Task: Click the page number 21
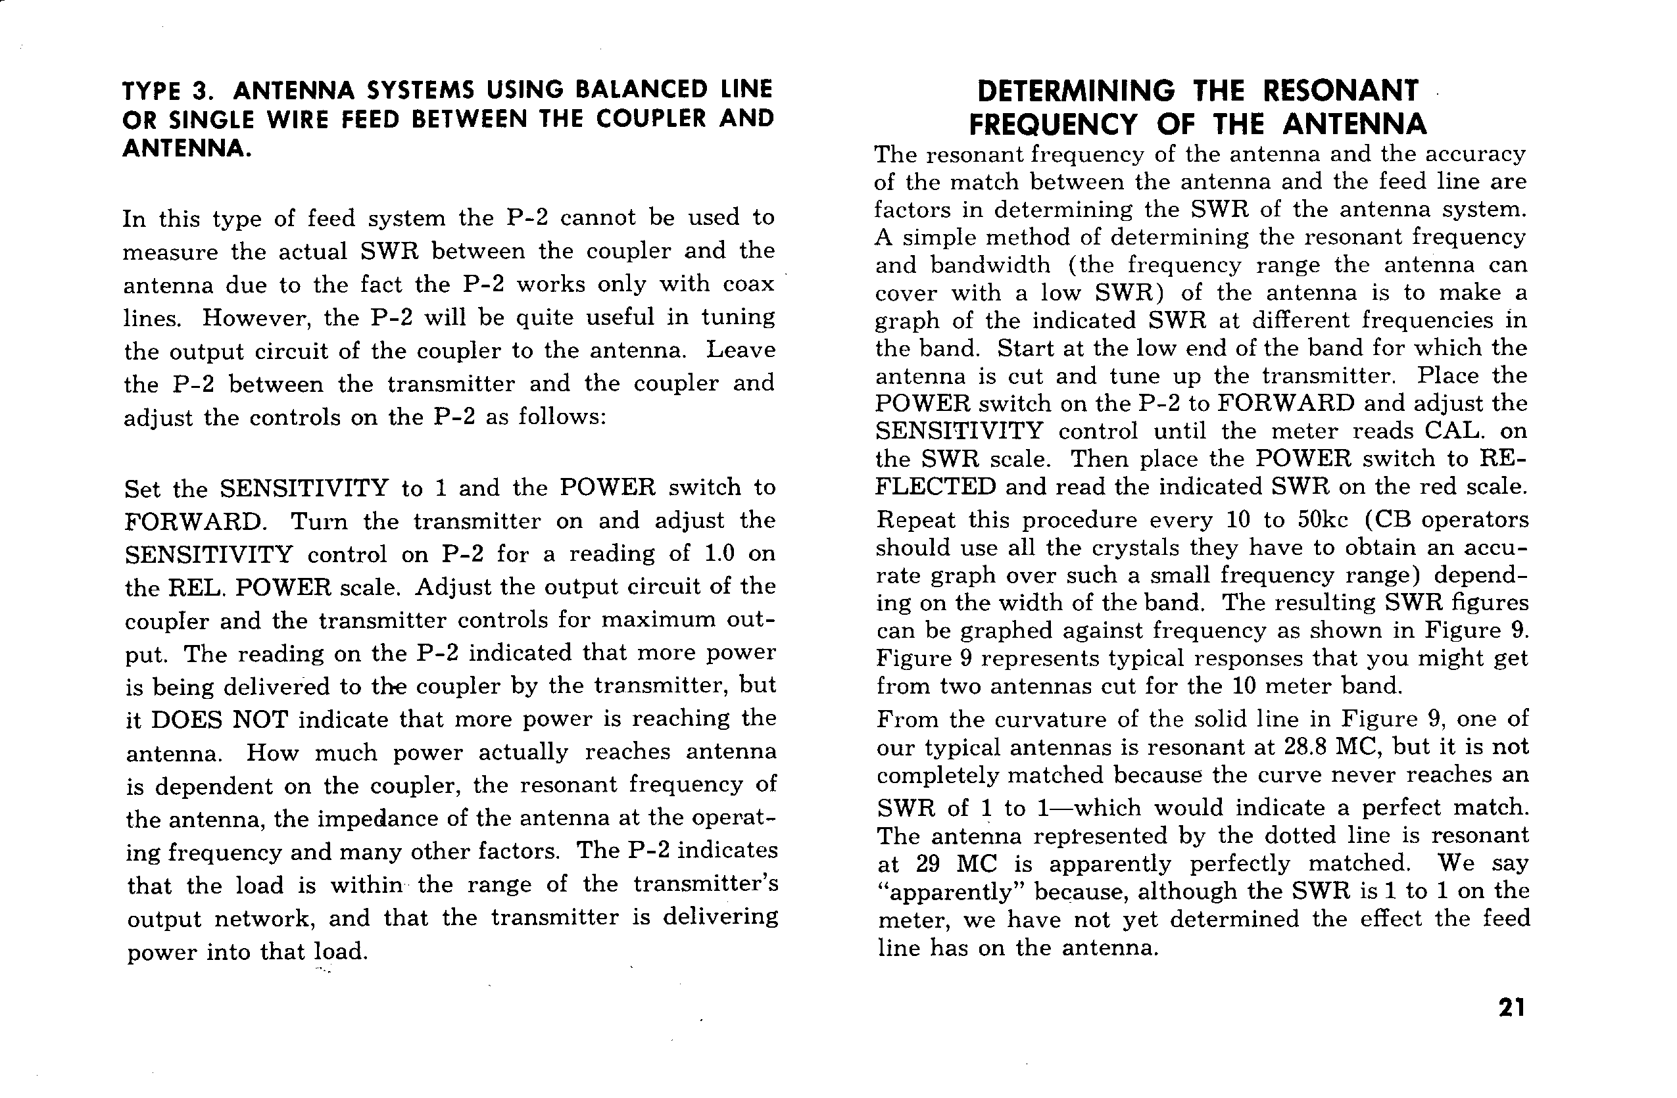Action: pyautogui.click(x=1511, y=1008)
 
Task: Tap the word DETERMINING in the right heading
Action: pyautogui.click(x=1076, y=91)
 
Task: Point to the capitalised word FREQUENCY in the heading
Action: pyautogui.click(x=1053, y=125)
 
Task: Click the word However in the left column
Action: pyautogui.click(x=256, y=318)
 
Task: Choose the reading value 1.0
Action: pyautogui.click(x=719, y=554)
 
